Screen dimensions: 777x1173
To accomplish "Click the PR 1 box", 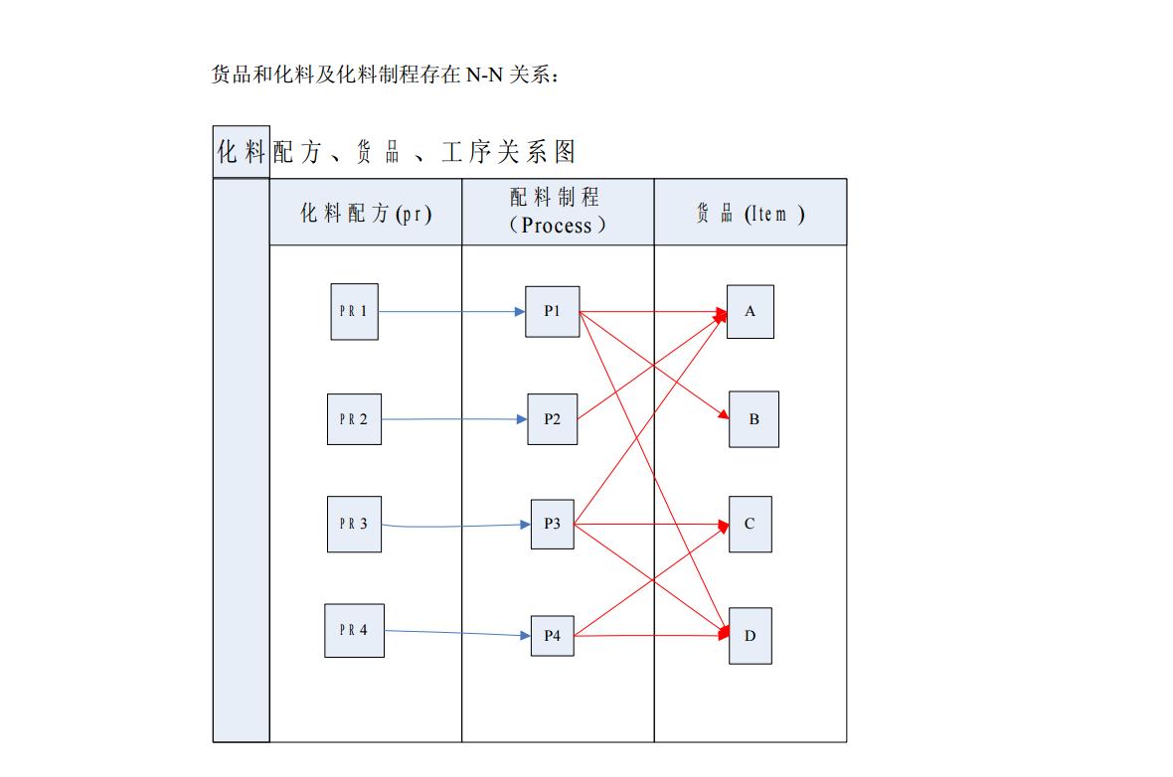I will pos(354,311).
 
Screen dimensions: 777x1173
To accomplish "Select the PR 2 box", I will pos(354,419).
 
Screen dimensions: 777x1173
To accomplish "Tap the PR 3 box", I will pos(354,524).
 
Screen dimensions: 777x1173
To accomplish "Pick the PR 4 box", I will pos(354,630).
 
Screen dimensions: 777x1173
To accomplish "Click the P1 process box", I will pos(552,311).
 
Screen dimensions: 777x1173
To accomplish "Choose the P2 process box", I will pos(552,419).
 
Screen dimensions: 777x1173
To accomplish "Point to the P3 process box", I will pos(552,524).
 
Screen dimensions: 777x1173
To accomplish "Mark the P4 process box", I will pos(552,636).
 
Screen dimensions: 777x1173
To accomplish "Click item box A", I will pos(750,311).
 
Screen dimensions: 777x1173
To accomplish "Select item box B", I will pos(754,419).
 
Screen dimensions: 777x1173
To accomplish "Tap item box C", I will pos(750,524).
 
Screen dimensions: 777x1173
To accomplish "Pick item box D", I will pos(750,636).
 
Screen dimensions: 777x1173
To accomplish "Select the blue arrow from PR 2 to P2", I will pos(453,419).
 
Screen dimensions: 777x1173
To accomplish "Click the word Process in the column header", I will pos(557,226).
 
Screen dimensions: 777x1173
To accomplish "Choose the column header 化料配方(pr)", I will pos(366,213).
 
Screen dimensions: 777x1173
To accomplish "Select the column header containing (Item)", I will pos(751,213).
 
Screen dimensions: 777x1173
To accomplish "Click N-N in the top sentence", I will pos(484,75).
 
